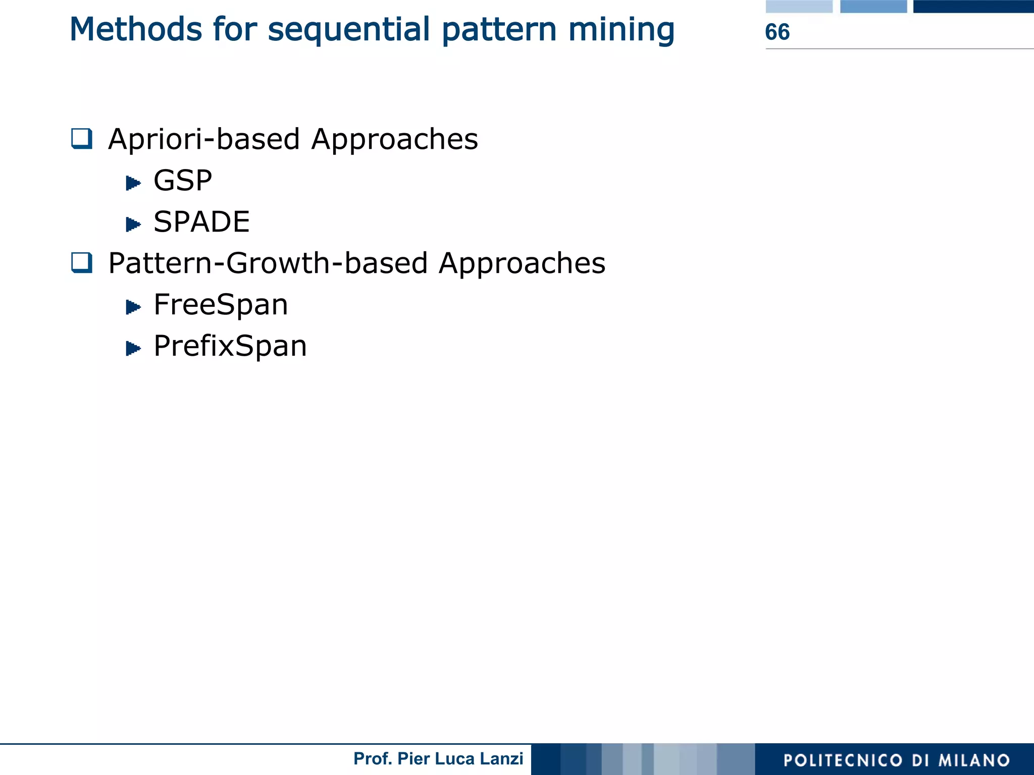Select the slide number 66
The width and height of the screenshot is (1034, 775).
click(777, 32)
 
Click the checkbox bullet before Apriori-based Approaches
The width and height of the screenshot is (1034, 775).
click(82, 139)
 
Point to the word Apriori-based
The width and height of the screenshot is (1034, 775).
click(204, 140)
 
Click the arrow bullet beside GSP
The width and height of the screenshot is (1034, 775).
click(133, 182)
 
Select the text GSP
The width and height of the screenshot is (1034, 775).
click(183, 181)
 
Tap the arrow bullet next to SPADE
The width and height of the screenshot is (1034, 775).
click(133, 224)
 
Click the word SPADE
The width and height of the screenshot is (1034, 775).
click(201, 222)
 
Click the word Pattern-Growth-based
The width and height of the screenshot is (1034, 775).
click(268, 264)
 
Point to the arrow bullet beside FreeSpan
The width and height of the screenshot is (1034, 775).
click(133, 306)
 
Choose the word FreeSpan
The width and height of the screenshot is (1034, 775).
click(221, 305)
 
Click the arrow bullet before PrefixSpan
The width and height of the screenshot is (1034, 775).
click(133, 348)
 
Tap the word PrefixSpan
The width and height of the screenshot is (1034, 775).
click(230, 347)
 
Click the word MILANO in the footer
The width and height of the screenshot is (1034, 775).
click(974, 760)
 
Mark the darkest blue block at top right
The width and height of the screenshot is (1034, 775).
click(973, 6)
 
